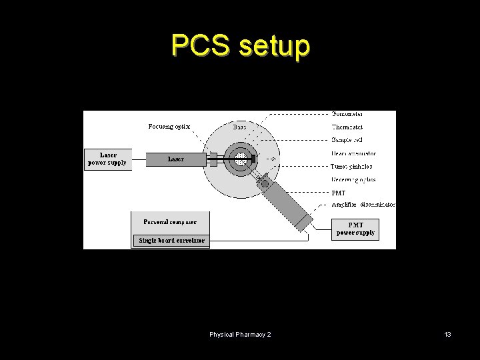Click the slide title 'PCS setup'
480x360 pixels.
(x=240, y=46)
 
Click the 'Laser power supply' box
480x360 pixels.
(x=108, y=159)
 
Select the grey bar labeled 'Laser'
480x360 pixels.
(x=177, y=159)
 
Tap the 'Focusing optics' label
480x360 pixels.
(x=169, y=126)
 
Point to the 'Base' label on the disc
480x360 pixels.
(x=239, y=126)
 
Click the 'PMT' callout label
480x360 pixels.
(x=339, y=193)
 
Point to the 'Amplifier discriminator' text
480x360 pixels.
(x=363, y=205)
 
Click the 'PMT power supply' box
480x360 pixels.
(x=355, y=229)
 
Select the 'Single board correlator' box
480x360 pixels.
(x=171, y=240)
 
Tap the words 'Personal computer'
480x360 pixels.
(x=170, y=221)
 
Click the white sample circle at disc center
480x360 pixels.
(x=241, y=159)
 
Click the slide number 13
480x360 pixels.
(x=447, y=333)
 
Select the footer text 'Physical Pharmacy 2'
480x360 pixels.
(x=240, y=333)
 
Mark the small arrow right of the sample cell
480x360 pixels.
(x=270, y=159)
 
